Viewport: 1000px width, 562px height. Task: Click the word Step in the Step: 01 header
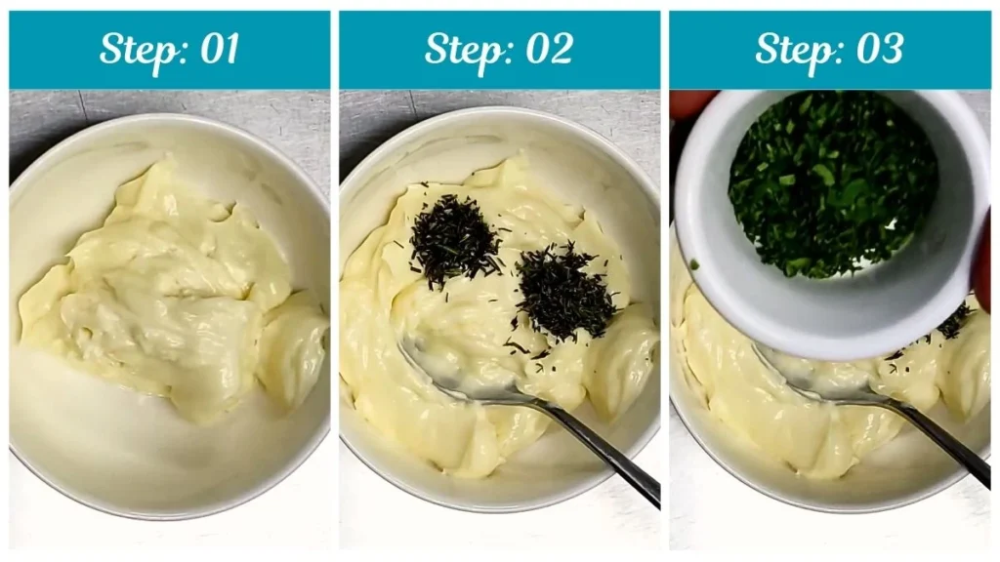coord(134,49)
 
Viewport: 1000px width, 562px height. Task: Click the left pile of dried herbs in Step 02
coord(453,240)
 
